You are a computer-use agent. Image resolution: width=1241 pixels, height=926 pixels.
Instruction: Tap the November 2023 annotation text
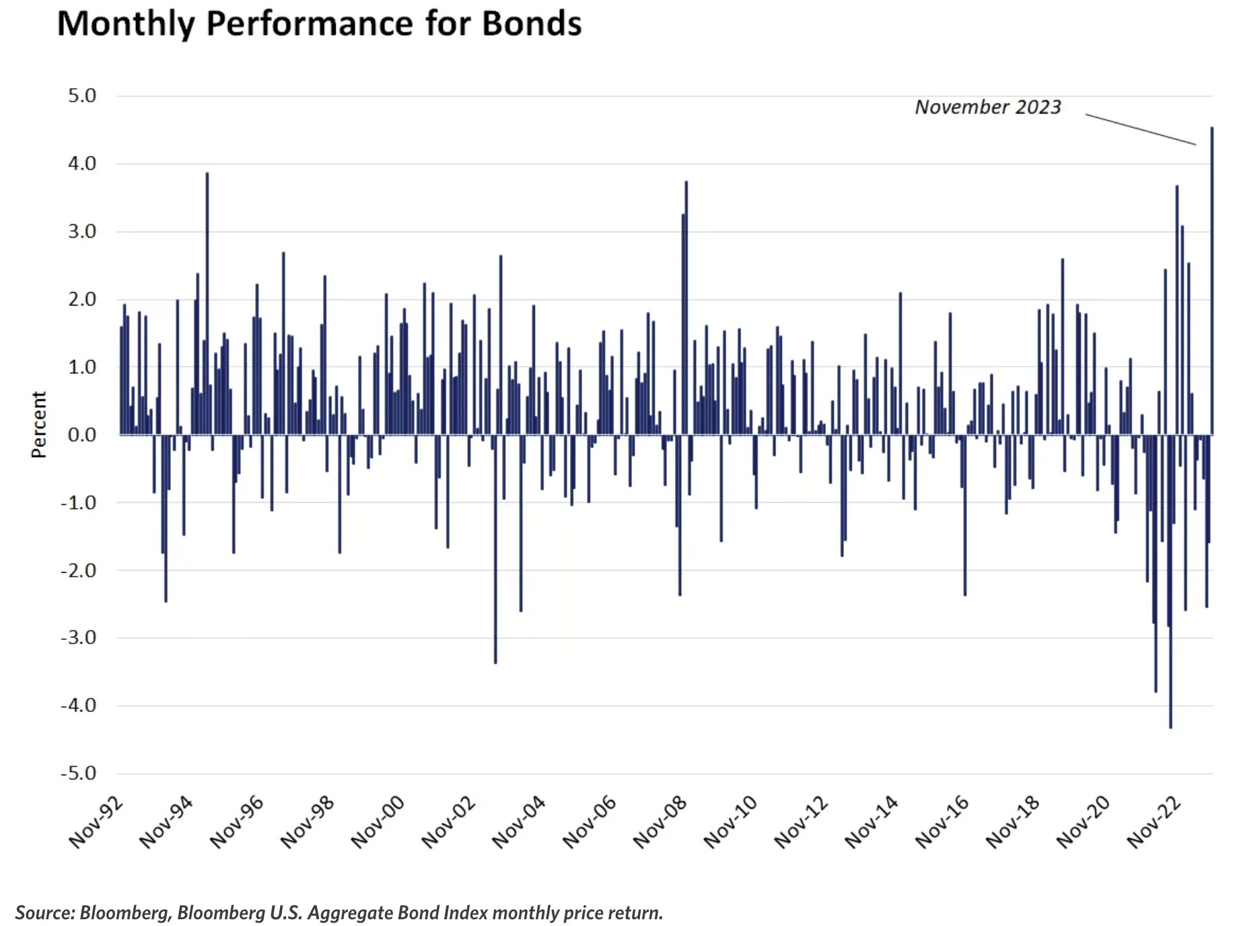coord(987,108)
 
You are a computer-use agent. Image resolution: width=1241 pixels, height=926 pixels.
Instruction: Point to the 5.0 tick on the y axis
coord(82,96)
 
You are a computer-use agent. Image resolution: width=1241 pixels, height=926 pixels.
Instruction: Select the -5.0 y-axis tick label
coord(79,773)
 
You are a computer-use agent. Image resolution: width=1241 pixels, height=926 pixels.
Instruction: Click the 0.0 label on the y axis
coord(82,435)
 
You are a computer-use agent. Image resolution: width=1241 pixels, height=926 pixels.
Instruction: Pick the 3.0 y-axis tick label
coord(82,231)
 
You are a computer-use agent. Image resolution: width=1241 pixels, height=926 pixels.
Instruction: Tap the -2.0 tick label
coord(79,571)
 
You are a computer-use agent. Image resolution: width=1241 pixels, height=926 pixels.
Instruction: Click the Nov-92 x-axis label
coord(96,822)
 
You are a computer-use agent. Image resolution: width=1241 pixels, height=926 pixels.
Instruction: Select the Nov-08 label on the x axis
coord(660,822)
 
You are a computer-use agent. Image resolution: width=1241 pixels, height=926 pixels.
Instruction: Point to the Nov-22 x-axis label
coord(1154,822)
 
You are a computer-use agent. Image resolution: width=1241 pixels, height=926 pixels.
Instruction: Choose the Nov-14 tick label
coord(872,822)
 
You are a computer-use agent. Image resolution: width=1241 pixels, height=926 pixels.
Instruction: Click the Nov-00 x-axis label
coord(378,822)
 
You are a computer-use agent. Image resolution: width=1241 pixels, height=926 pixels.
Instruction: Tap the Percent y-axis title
coord(39,425)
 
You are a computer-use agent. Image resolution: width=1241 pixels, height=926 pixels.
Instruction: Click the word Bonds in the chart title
coord(532,24)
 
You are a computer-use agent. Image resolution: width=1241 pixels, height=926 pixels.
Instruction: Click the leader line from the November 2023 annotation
coord(1141,129)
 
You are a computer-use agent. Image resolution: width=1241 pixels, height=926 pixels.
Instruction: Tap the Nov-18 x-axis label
coord(1013,822)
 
